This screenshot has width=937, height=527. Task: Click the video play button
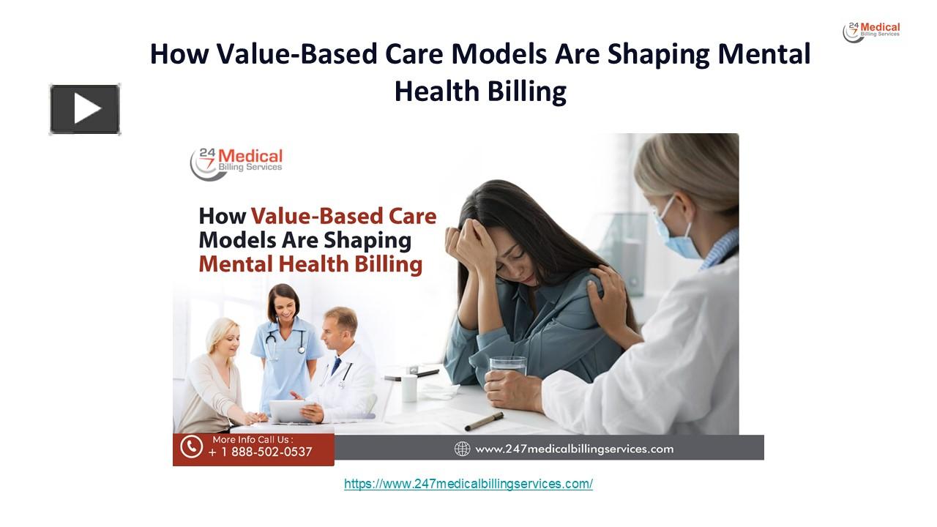85,110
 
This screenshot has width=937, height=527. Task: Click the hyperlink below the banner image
468,484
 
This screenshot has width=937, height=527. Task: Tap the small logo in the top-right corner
871,31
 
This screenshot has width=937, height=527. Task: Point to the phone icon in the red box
192,446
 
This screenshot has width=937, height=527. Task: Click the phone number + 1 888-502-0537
260,452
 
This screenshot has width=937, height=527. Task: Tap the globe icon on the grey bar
462,449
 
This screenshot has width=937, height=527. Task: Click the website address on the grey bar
574,449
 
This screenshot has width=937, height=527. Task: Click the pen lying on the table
484,422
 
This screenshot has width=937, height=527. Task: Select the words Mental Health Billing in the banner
310,264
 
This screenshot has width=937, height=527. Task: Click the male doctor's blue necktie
336,365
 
